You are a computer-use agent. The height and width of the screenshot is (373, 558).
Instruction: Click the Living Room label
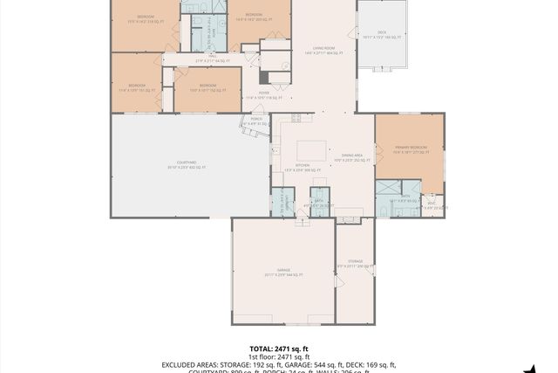[323, 50]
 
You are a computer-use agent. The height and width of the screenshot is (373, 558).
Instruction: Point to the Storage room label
[355, 263]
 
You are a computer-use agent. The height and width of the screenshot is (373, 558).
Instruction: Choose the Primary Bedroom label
[410, 149]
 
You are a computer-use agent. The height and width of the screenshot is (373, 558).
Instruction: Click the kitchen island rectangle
[311, 150]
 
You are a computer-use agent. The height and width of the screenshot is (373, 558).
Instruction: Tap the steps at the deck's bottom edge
[383, 68]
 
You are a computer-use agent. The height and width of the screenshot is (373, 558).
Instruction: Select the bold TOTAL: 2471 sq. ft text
[278, 349]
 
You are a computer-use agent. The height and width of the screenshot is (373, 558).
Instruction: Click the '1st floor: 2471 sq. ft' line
[278, 356]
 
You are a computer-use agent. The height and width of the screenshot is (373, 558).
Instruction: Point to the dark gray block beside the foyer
[263, 77]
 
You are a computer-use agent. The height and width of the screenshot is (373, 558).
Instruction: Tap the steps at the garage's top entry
[302, 222]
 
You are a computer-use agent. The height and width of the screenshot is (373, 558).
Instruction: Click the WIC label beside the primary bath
[432, 205]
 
